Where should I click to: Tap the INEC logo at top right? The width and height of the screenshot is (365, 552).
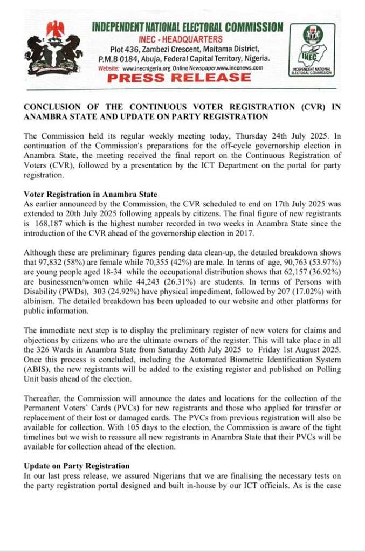pyautogui.click(x=318, y=51)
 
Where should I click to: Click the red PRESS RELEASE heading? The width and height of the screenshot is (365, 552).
pyautogui.click(x=178, y=78)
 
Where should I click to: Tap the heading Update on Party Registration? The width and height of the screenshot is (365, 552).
pyautogui.click(x=77, y=465)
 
